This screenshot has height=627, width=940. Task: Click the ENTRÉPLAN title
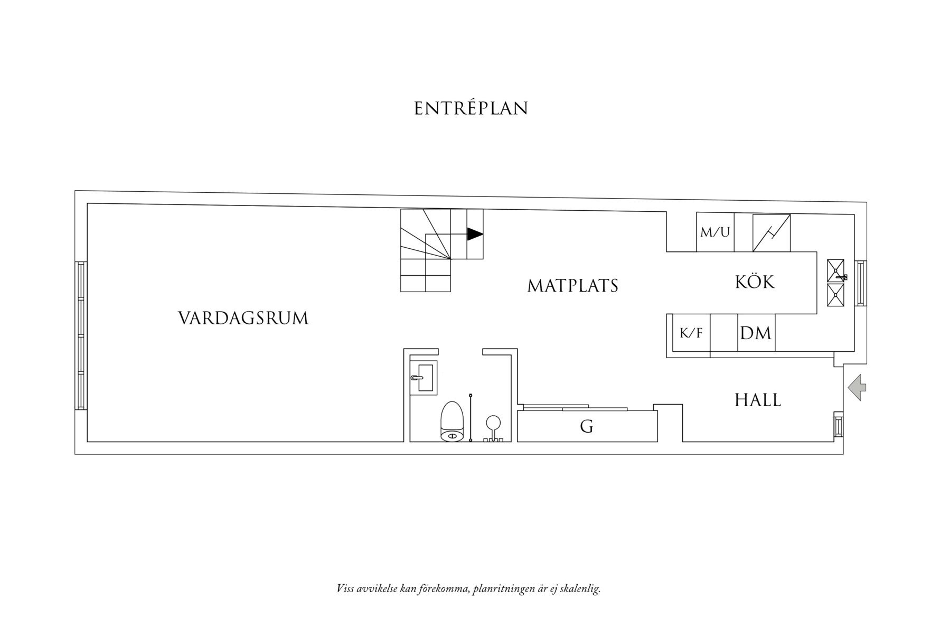[471, 108]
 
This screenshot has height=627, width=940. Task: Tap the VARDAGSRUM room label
[243, 318]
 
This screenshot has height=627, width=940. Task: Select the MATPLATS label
[572, 286]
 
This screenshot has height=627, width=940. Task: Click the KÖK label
[755, 282]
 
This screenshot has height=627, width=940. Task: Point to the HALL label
[757, 400]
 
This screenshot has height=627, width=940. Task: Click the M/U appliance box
[715, 232]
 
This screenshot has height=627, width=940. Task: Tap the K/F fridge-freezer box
[691, 333]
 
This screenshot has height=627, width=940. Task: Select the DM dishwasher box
[756, 333]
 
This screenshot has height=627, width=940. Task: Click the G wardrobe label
[586, 426]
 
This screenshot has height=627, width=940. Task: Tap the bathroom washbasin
[423, 378]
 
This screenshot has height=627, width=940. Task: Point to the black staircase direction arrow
[474, 234]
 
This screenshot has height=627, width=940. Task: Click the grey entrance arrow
[857, 388]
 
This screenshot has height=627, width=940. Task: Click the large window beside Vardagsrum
[81, 335]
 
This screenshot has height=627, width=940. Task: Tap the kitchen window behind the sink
[861, 283]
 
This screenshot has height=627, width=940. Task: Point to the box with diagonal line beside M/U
[771, 232]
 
